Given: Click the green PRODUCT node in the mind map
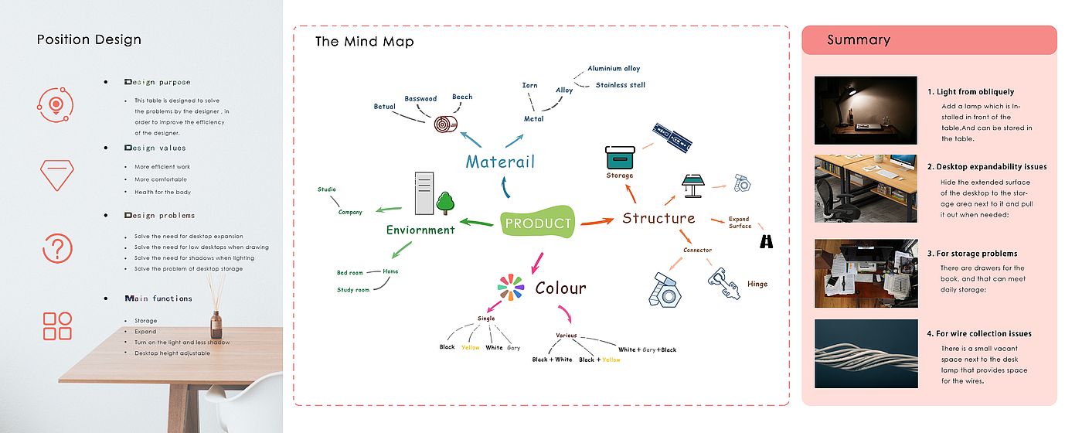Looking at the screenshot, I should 538,223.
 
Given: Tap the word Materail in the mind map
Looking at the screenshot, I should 500,162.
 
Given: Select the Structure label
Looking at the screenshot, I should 658,218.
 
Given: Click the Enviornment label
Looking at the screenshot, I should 420,230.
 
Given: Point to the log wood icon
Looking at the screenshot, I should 445,124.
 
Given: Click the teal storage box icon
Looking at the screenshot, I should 620,157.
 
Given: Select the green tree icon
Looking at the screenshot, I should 444,202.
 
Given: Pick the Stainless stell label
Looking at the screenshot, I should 620,85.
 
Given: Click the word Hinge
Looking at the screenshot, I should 757,284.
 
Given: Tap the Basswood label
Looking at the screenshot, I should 420,99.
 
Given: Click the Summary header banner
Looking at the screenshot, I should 928,40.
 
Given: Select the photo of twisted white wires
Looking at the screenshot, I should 866,353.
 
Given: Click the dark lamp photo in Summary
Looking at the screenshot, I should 866,110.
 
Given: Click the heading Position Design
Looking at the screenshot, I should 89,39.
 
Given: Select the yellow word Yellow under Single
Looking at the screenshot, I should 470,348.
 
